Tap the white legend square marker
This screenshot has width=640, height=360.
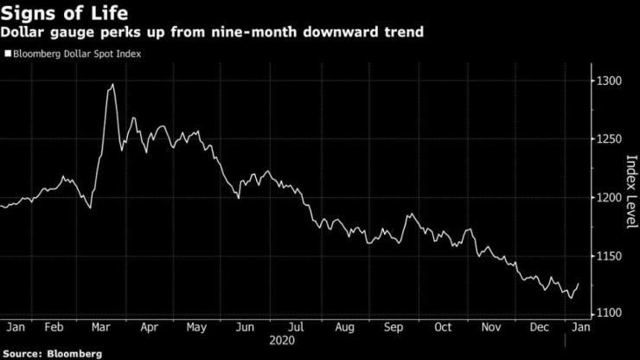[x=8, y=54]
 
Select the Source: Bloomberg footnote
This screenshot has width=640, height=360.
[x=52, y=354]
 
